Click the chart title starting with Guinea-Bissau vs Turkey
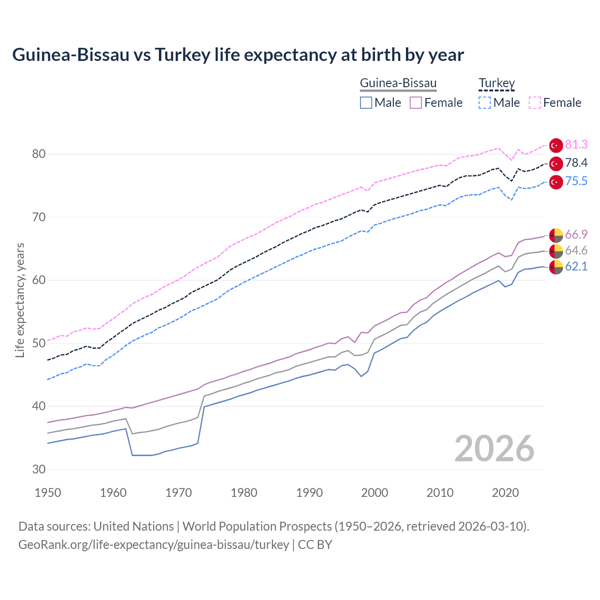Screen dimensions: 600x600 [x=238, y=55]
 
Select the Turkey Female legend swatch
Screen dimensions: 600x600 [x=535, y=103]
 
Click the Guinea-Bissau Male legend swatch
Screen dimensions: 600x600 [x=366, y=103]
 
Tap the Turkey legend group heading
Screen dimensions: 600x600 [x=496, y=83]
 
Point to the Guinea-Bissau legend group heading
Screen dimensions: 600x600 [x=398, y=83]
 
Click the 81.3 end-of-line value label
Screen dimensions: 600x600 [x=576, y=144]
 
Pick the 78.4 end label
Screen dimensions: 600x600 [x=576, y=163]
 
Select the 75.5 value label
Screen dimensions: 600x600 [x=576, y=181]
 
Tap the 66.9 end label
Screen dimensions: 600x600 [x=576, y=234]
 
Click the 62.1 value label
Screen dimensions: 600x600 [x=576, y=266]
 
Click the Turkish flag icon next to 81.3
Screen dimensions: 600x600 [x=556, y=145]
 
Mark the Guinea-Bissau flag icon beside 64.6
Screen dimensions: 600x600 [x=556, y=251]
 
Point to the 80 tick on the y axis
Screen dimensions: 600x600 [x=39, y=154]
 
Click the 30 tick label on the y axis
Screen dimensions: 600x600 [x=39, y=469]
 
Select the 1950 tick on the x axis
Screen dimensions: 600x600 [x=48, y=493]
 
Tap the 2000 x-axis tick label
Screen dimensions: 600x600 [x=375, y=493]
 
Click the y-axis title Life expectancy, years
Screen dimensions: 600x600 [x=20, y=300]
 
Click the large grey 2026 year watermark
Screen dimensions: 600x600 [x=495, y=449]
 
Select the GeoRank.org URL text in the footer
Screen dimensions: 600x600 [x=154, y=545]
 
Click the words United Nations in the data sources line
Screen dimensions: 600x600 [x=134, y=526]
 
